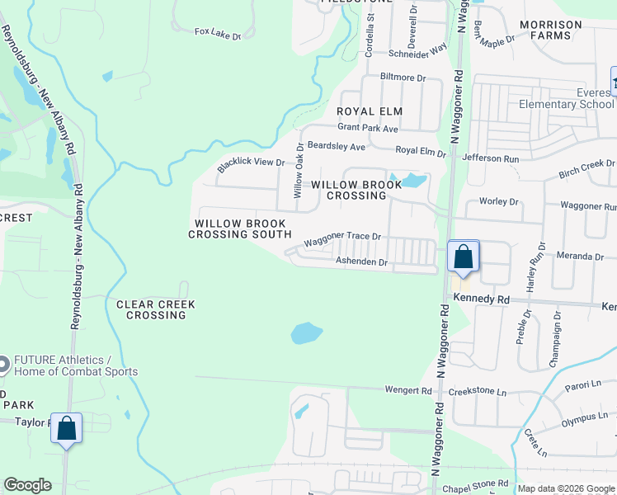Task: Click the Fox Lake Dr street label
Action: tap(218, 33)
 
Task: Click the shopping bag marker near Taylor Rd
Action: tap(66, 429)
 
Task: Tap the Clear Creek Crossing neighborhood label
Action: tap(156, 310)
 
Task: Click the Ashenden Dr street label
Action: tap(360, 262)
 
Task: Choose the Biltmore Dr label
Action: tap(402, 78)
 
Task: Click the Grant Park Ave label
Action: tap(369, 129)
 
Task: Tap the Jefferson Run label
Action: tap(490, 157)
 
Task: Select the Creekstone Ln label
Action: tap(479, 393)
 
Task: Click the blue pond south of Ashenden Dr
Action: tap(305, 333)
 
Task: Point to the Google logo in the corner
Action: tap(27, 485)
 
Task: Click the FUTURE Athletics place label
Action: tap(75, 365)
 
